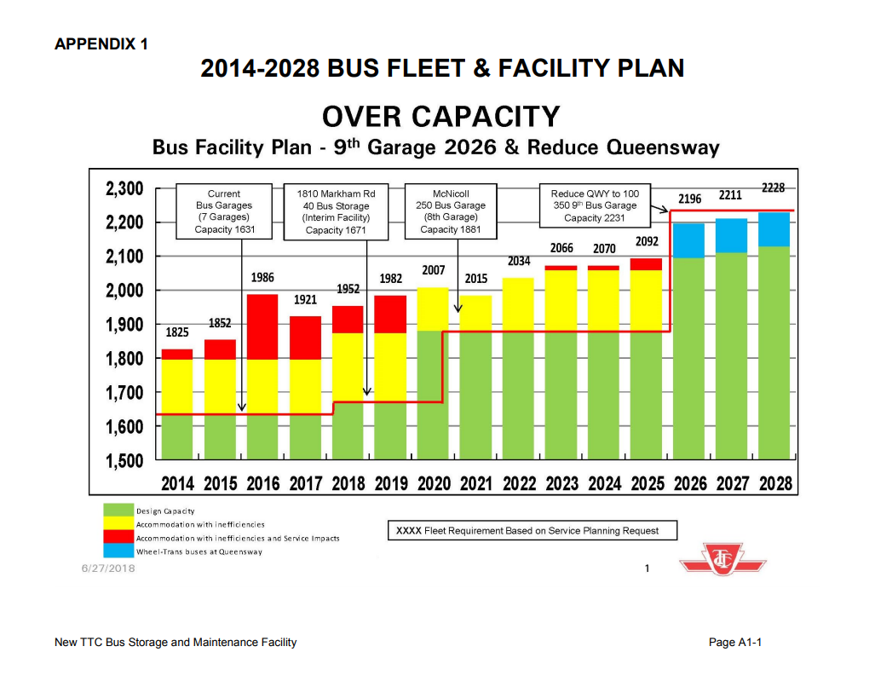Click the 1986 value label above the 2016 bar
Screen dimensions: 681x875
[263, 278]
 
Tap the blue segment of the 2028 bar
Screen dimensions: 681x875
[774, 229]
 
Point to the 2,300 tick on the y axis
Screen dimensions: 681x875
[124, 188]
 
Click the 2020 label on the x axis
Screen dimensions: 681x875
[435, 484]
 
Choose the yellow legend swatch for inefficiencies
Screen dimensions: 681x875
[118, 524]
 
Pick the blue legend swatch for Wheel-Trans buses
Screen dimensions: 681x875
[118, 551]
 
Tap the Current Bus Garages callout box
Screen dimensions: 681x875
[224, 211]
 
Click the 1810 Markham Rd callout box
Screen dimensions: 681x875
[337, 211]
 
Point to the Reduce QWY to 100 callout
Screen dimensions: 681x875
[595, 205]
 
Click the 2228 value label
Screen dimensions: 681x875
[773, 188]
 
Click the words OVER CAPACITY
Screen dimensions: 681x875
[440, 116]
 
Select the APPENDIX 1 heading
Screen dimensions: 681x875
[101, 43]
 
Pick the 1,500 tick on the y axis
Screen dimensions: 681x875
[124, 460]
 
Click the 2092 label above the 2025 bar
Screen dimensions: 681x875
[647, 242]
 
